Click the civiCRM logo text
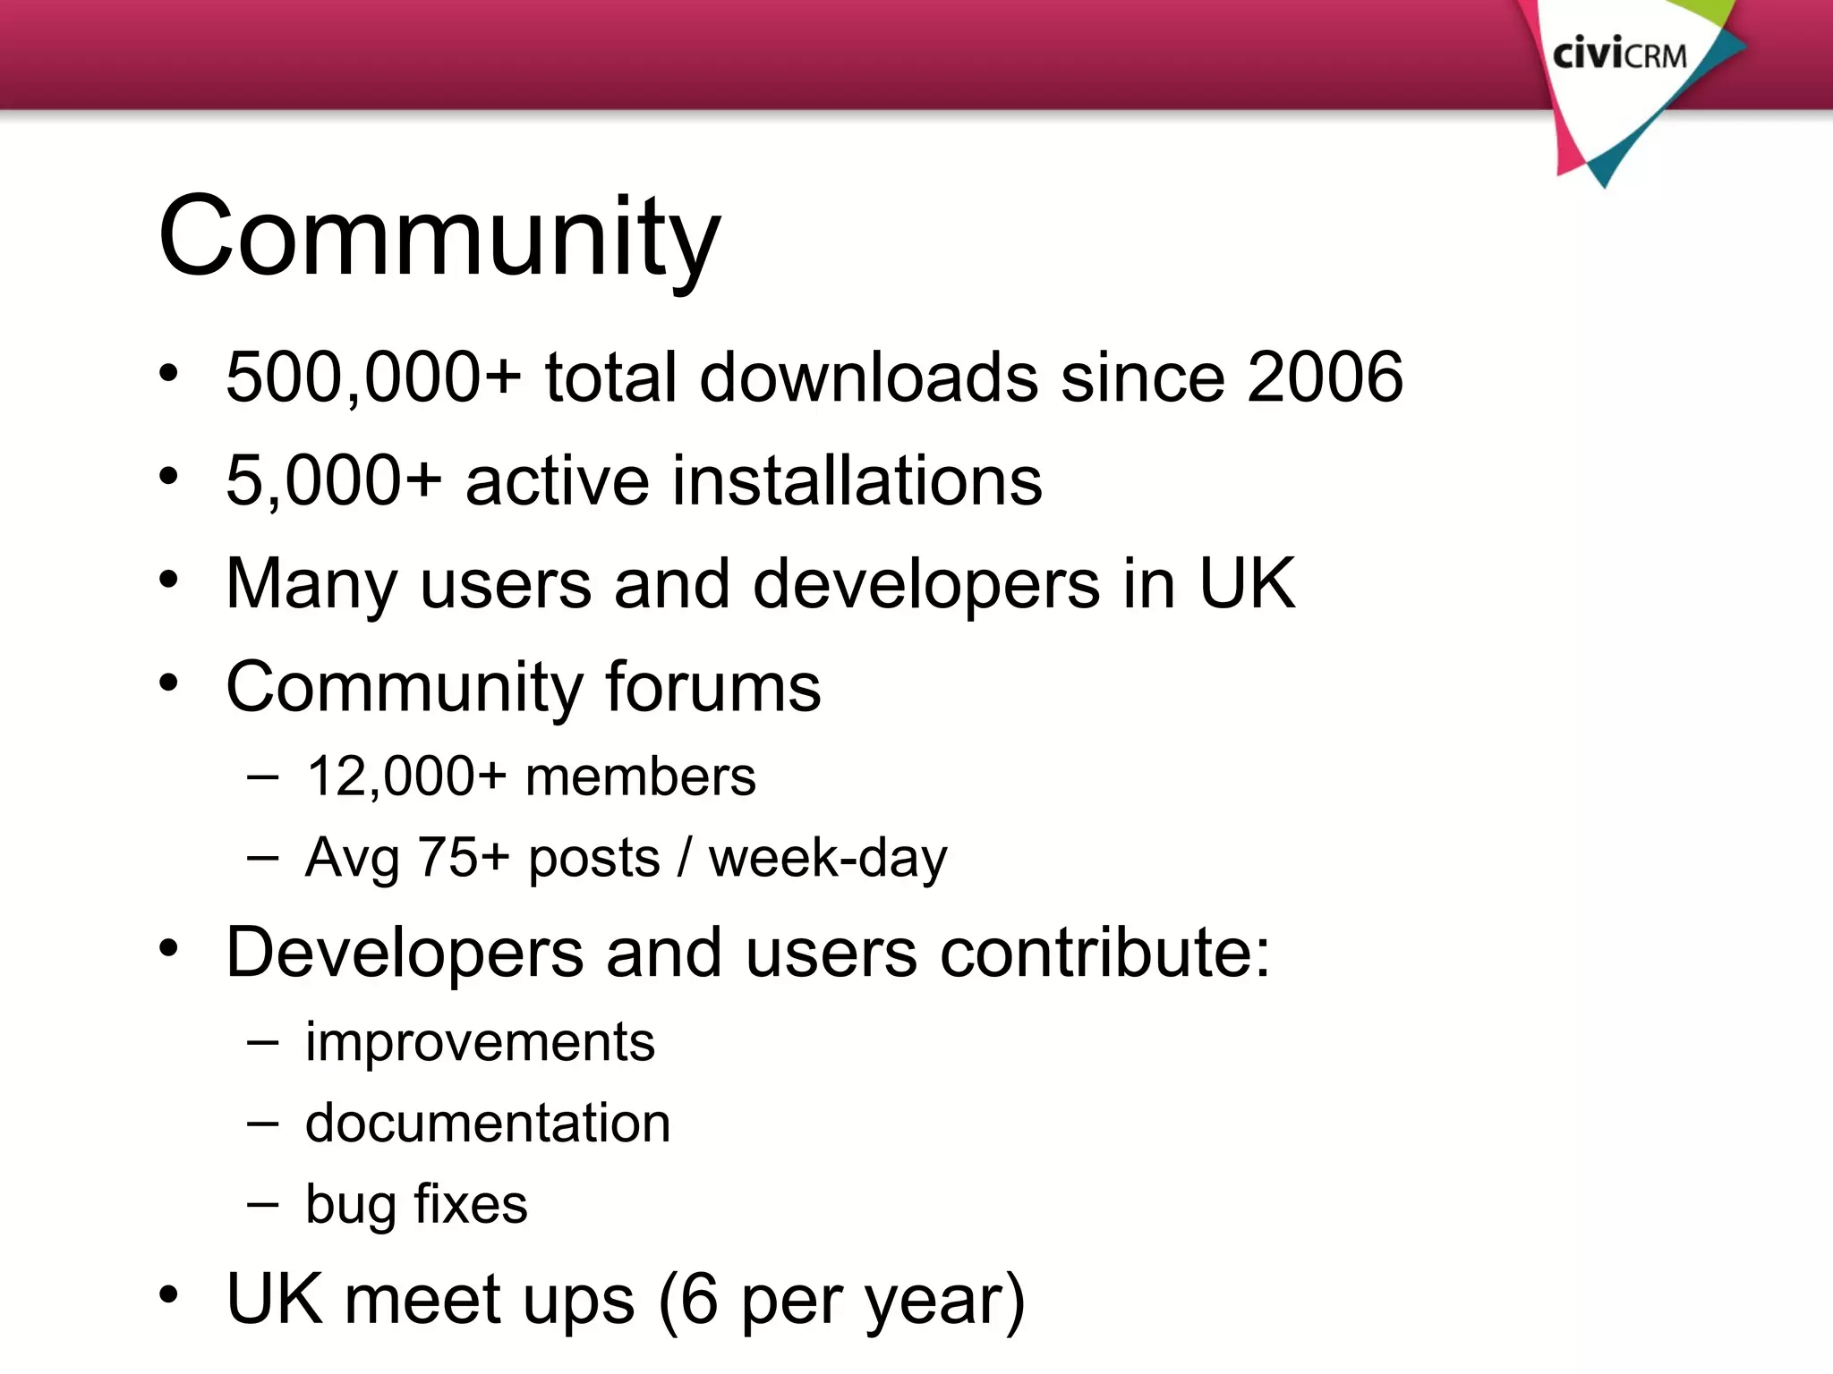[1619, 55]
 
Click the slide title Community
[439, 237]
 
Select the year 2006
[1325, 377]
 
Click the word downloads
[868, 377]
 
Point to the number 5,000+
[334, 480]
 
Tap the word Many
[311, 584]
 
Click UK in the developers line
[1246, 584]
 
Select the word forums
[712, 687]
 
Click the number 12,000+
[406, 776]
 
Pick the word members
[640, 776]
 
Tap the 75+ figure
[464, 857]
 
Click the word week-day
[828, 857]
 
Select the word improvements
[480, 1042]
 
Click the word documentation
[488, 1123]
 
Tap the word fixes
[471, 1204]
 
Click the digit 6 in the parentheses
[699, 1299]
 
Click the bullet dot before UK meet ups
[169, 1294]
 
